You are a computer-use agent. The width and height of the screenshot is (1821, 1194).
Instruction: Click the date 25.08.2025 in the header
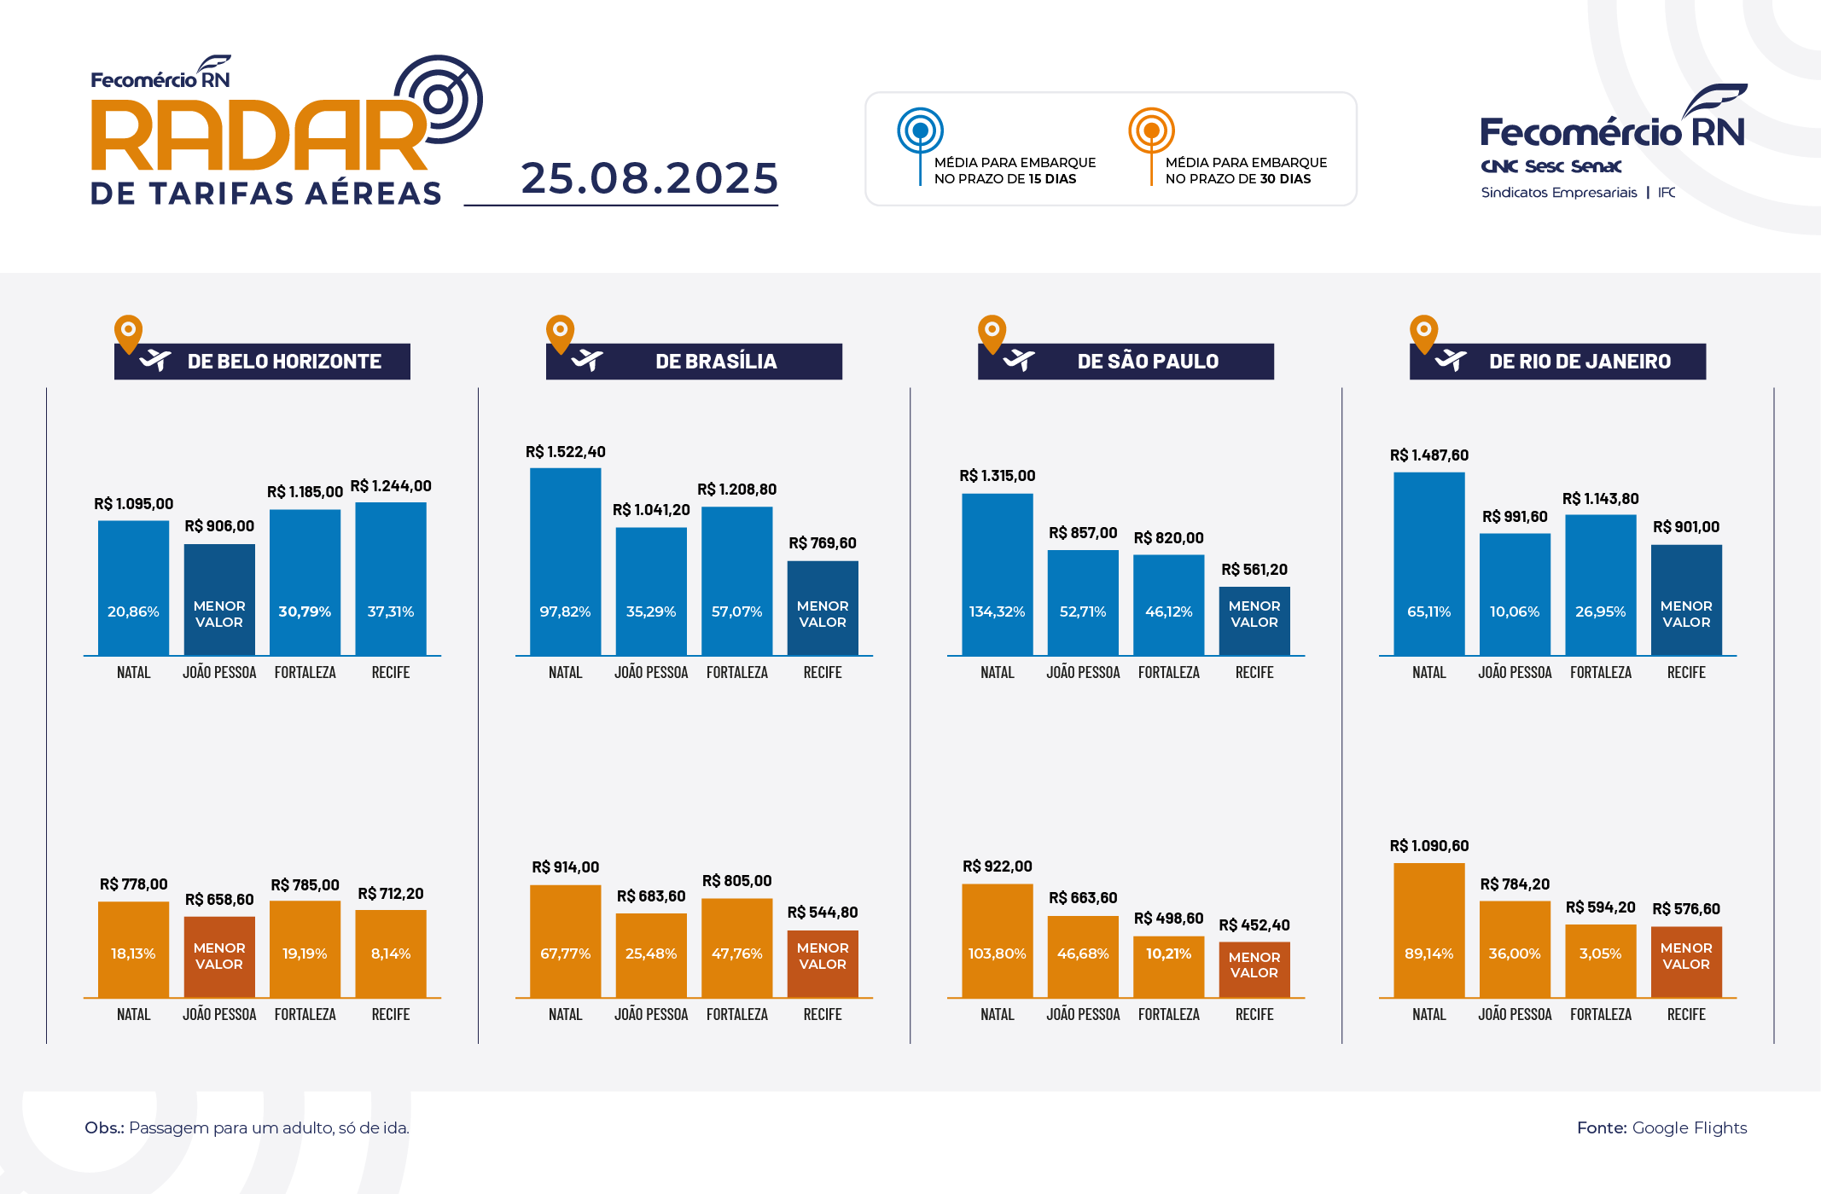(649, 178)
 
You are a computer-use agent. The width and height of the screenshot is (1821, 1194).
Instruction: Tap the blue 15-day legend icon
(920, 131)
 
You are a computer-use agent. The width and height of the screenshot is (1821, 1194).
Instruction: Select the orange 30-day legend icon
(1151, 131)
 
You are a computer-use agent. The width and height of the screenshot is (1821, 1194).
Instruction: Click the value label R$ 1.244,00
(391, 486)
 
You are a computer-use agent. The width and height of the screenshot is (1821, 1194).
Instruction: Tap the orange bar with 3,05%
(1600, 959)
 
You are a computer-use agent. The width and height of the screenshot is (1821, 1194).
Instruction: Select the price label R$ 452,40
(1254, 925)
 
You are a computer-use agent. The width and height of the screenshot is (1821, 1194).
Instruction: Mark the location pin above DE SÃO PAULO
(992, 333)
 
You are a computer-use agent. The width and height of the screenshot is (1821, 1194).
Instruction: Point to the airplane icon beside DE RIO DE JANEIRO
(1450, 361)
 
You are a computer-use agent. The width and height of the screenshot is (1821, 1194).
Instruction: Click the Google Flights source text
(1689, 1127)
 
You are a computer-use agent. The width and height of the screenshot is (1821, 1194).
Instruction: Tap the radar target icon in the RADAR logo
(440, 99)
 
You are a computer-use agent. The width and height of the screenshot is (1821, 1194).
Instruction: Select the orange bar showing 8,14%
(391, 953)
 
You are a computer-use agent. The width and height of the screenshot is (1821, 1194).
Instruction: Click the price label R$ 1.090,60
(1428, 846)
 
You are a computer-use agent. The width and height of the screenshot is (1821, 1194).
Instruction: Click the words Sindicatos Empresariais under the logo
(1558, 193)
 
